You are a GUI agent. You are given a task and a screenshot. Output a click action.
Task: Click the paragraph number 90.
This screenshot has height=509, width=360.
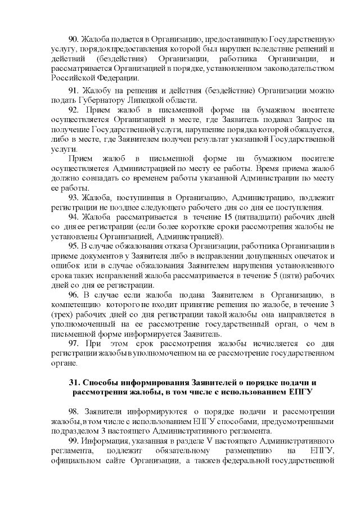[x=74, y=39]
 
